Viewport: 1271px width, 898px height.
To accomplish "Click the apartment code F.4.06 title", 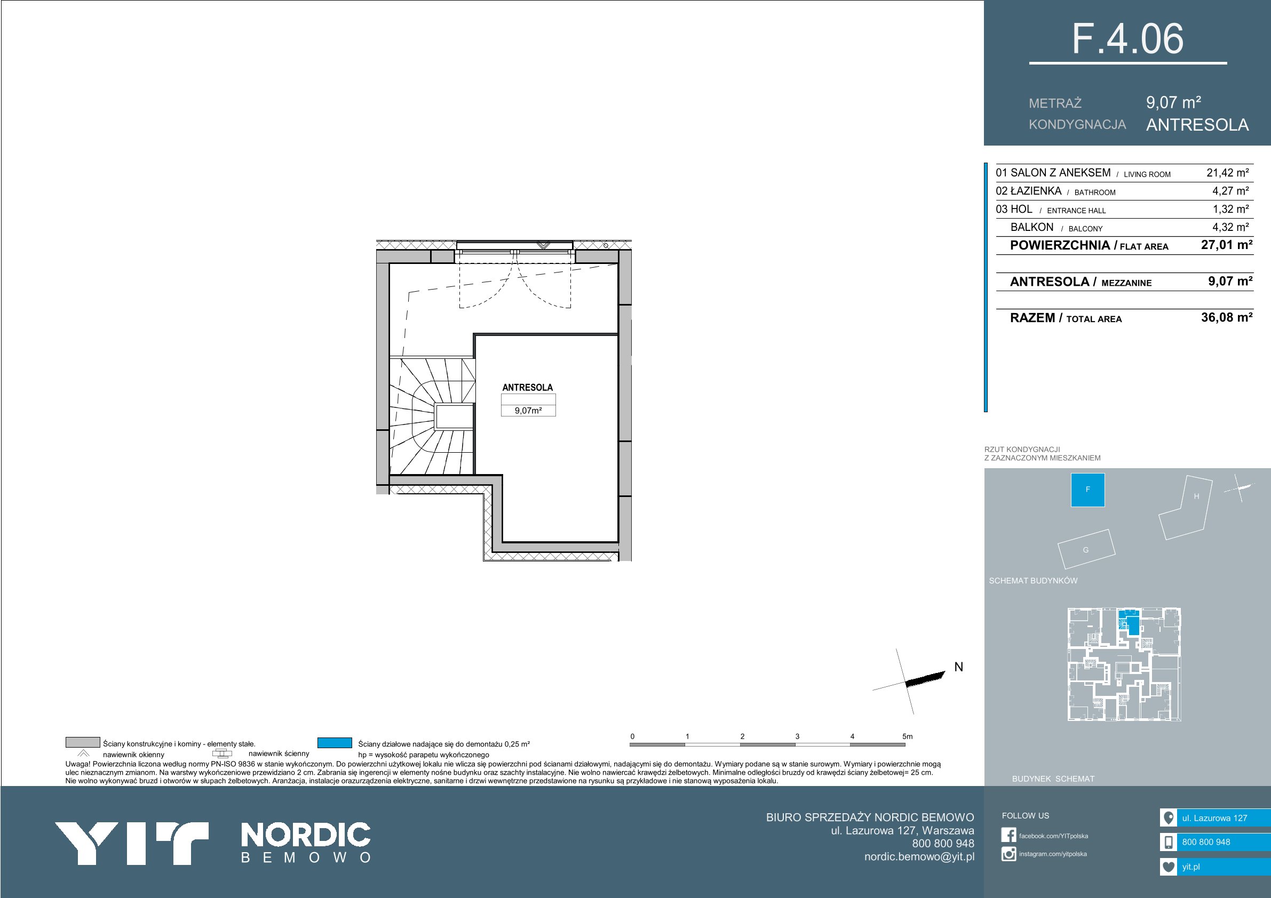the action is (1127, 39).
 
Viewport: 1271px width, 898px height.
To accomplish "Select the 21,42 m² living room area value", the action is (1227, 173).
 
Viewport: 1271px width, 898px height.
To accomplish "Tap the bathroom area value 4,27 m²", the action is (1230, 191).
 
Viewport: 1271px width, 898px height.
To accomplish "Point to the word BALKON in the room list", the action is (1032, 227).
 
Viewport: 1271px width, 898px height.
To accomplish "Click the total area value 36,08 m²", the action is (1227, 317).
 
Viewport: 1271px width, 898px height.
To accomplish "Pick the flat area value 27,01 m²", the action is (1227, 245).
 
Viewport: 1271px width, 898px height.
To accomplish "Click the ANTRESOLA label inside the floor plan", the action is (528, 387).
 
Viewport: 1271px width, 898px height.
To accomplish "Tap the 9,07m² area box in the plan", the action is (528, 411).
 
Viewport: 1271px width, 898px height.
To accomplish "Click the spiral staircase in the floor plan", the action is (432, 416).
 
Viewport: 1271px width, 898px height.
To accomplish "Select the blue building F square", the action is (1088, 490).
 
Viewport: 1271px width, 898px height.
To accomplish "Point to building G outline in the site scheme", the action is (1086, 549).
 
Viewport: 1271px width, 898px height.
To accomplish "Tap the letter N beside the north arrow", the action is (959, 667).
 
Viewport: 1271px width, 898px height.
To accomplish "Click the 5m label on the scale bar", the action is (907, 736).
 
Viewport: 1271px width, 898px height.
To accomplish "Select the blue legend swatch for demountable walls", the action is (335, 742).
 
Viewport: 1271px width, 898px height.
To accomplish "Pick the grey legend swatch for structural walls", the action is (83, 742).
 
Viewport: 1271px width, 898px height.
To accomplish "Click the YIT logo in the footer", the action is (132, 843).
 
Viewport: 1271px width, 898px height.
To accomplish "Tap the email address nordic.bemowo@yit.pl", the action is (919, 856).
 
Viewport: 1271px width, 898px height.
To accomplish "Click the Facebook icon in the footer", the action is (1008, 836).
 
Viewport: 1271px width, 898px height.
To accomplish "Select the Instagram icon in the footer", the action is (1008, 854).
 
